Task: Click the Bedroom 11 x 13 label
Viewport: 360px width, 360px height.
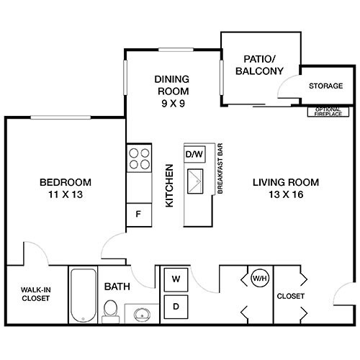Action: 66,187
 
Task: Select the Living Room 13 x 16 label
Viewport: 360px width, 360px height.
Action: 286,187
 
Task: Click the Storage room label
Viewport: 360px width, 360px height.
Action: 325,86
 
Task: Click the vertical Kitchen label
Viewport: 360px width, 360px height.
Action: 171,186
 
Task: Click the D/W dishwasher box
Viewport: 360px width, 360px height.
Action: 194,154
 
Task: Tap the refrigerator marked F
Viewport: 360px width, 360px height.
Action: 138,213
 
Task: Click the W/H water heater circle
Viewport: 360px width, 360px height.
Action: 258,277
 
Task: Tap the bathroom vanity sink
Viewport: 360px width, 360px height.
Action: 140,314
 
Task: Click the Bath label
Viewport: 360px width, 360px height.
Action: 118,287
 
